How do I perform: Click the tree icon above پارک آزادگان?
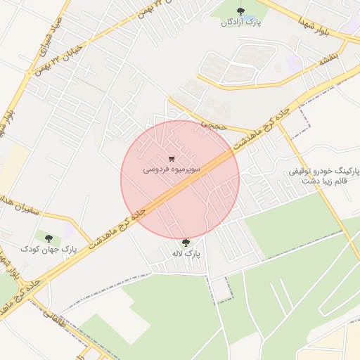[241, 11]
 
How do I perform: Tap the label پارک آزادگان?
[241, 22]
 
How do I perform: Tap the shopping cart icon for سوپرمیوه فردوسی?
[171, 159]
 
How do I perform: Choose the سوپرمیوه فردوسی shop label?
[172, 170]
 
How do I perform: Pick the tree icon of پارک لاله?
[186, 243]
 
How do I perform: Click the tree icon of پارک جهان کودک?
[49, 238]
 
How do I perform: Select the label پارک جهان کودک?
[48, 250]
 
